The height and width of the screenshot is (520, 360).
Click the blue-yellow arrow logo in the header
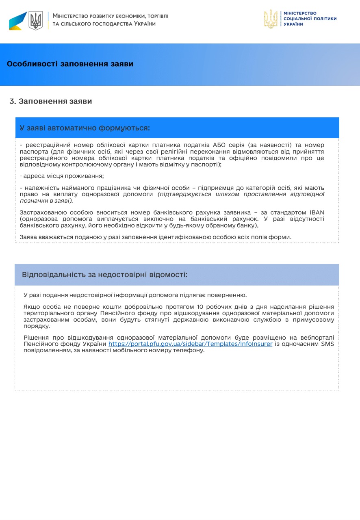point(18,21)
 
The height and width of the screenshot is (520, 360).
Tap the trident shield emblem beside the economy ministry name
point(36,20)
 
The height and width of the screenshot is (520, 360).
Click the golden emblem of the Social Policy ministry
point(271,19)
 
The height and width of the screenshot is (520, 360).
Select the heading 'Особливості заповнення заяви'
point(70,64)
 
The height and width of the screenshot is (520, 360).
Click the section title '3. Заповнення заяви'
point(51,101)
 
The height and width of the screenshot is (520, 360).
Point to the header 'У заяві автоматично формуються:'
point(85,128)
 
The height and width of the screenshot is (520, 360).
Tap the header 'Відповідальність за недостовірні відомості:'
point(105,274)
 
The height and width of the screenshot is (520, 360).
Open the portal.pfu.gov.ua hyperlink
point(190,344)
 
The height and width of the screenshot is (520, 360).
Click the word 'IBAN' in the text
point(316,212)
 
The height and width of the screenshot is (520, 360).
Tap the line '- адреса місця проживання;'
point(62,176)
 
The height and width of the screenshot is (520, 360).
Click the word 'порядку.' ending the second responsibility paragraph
point(37,326)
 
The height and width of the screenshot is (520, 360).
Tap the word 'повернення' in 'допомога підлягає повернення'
point(228,295)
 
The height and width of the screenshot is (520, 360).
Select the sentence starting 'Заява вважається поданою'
point(156,237)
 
